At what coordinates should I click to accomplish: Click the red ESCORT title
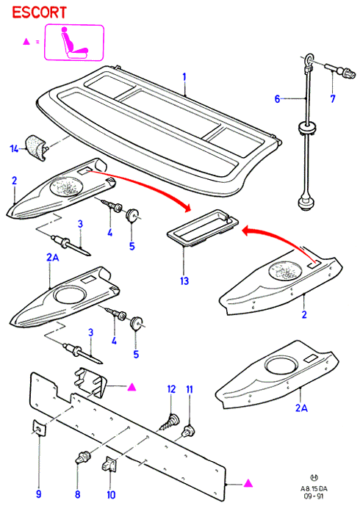pos(40,12)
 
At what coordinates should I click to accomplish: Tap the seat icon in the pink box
pos(74,43)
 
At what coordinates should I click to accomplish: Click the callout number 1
pos(184,77)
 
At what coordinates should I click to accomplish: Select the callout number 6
pos(278,98)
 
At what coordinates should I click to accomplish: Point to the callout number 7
pos(333,98)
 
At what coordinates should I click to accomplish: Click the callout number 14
pos(15,149)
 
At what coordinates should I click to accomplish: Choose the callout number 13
pos(184,281)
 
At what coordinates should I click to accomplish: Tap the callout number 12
pos(171,389)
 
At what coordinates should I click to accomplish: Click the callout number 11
pos(190,389)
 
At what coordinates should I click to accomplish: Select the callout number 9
pos(39,494)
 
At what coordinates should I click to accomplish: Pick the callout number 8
pos(78,494)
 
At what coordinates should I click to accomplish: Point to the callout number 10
pos(111,495)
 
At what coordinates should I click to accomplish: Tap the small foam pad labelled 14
pos(37,148)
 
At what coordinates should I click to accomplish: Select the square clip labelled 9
pos(39,429)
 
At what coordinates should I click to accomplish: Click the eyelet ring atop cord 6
pos(309,59)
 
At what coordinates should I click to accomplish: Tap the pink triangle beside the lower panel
pos(248,483)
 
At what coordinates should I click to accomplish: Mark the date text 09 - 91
pos(314,496)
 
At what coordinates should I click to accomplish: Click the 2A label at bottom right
pos(301,408)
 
